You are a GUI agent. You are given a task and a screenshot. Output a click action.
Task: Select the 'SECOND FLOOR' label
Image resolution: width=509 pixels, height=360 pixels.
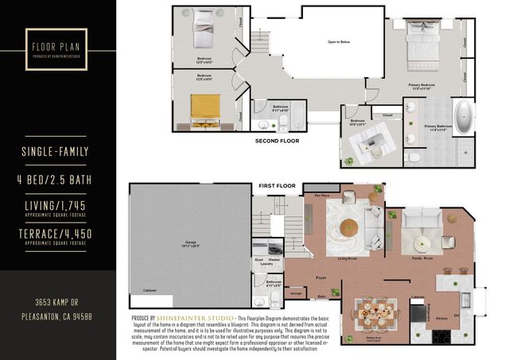[276, 141]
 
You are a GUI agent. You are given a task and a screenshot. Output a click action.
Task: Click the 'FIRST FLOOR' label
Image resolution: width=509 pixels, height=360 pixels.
[276, 185]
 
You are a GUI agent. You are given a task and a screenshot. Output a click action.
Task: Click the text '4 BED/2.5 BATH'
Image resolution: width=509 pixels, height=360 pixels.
[57, 180]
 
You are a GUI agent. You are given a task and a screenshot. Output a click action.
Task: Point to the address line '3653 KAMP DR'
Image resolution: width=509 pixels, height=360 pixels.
[57, 303]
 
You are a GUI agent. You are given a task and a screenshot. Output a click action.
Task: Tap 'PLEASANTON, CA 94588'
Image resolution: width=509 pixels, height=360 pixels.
[57, 315]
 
